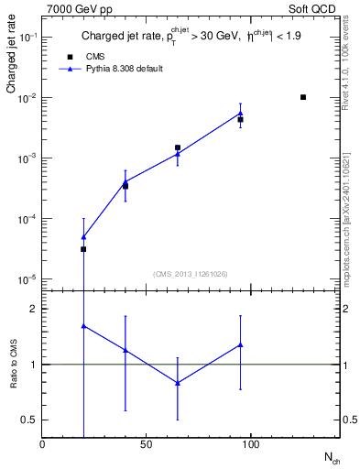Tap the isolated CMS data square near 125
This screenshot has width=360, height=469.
[303, 97]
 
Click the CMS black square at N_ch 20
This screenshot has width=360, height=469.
[83, 249]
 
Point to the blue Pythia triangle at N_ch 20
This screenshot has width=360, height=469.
[83, 237]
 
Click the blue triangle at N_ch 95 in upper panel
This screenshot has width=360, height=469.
[240, 114]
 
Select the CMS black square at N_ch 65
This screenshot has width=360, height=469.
[178, 147]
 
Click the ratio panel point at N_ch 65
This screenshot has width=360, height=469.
[178, 383]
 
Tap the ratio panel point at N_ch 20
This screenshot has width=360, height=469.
[83, 326]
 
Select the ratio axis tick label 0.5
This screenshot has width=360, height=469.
[28, 420]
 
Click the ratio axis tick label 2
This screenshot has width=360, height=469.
[33, 310]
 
